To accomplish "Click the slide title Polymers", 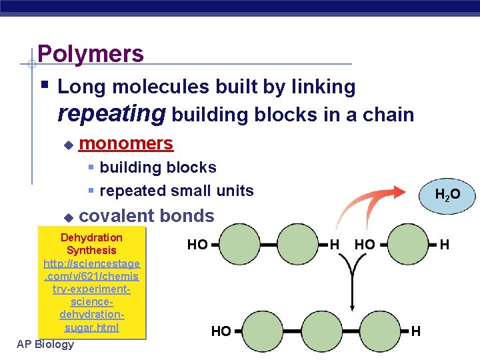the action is (91, 53).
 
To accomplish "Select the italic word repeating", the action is (112, 113).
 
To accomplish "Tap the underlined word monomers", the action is (126, 143).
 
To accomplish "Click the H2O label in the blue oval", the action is (447, 195).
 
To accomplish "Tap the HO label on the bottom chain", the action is (221, 331).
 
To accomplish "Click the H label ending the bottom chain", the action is (416, 331).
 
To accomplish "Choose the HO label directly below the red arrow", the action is (365, 245).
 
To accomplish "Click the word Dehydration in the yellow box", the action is (91, 237).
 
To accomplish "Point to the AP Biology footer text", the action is (45, 344).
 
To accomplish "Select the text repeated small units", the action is (176, 191).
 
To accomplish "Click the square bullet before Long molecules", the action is (44, 86).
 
